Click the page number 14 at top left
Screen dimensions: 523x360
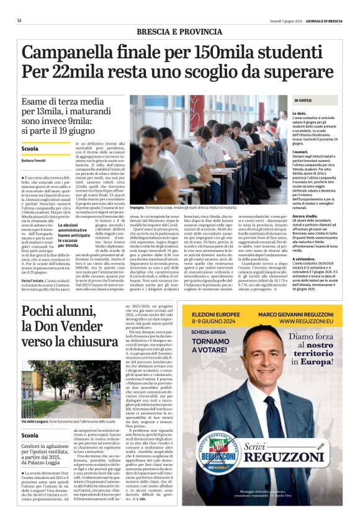(19, 20)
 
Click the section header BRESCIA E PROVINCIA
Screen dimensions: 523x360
(179, 32)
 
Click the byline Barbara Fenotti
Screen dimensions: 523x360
(38, 161)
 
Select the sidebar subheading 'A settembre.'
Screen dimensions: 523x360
(304, 241)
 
